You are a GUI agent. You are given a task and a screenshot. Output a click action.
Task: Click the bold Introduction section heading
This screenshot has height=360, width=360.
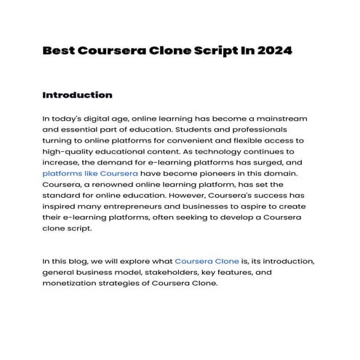[77, 95]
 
